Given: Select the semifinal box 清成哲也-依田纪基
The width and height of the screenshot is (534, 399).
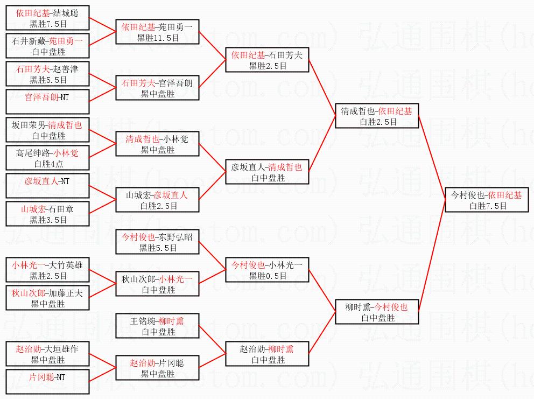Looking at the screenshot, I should coord(376,116).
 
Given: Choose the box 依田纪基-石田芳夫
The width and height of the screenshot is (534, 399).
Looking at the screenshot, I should coord(267,60).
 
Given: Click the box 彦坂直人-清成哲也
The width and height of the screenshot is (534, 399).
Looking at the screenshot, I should coord(267,172).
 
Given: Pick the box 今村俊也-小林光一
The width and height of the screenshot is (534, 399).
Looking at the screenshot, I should coord(267,270).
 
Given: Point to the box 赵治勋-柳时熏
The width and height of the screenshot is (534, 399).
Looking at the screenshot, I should coord(267,354).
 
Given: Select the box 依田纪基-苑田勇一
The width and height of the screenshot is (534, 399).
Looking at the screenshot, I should coord(157,31).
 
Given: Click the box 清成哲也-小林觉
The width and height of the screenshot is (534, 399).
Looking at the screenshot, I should coord(157,144).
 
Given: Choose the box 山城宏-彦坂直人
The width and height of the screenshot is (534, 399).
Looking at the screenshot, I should coord(157,200).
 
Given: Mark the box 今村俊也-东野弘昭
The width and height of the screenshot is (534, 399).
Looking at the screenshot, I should coord(157,242).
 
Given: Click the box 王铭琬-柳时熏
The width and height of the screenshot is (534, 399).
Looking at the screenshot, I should coord(157,326).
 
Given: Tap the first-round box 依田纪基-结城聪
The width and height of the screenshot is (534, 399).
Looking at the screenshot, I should coord(47,18).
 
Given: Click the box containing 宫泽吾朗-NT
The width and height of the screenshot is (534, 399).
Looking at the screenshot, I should coord(47,102).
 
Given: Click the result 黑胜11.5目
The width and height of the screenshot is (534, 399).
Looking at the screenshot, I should coord(157,38).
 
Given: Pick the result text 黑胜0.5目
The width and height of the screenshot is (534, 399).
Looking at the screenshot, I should coord(268,276).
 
